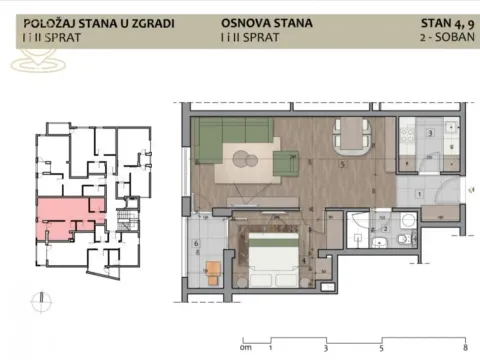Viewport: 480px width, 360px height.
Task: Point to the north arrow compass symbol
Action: click(x=37, y=297)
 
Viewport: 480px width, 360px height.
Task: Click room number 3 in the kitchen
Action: click(x=429, y=132)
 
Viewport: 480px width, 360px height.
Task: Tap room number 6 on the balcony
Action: click(x=197, y=244)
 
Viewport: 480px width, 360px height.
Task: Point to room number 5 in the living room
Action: click(x=343, y=164)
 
